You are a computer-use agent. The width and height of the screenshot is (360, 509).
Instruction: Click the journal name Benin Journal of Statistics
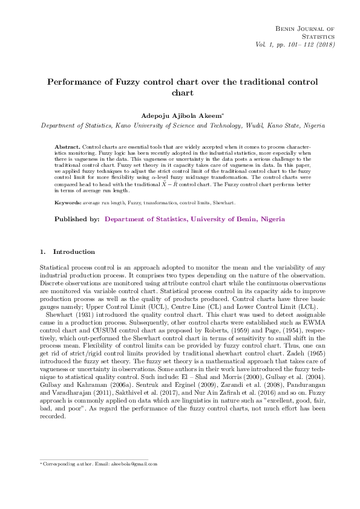(304, 33)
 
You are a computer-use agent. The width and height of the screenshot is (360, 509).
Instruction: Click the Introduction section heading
(74, 251)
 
